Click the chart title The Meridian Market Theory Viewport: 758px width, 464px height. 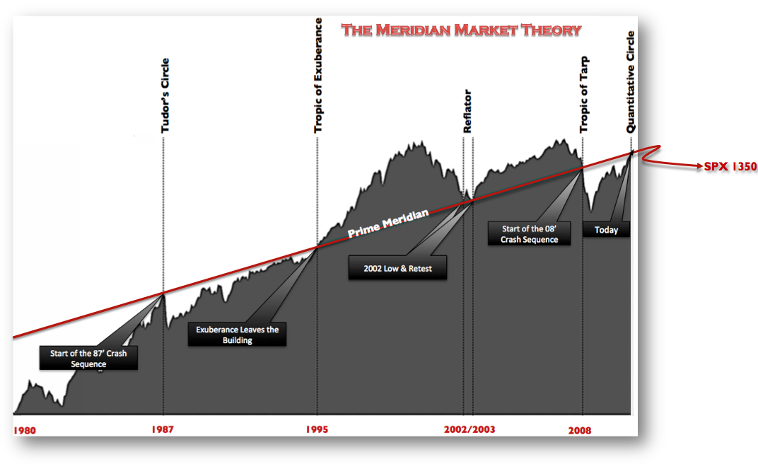click(x=461, y=30)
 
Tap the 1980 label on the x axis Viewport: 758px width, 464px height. click(x=25, y=429)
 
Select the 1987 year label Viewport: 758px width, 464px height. click(x=163, y=429)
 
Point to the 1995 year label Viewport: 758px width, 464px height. click(x=317, y=429)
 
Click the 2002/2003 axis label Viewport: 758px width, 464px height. click(x=470, y=429)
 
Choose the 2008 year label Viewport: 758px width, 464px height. click(x=580, y=429)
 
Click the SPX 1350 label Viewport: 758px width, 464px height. click(x=730, y=168)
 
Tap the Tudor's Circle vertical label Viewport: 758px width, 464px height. click(x=165, y=96)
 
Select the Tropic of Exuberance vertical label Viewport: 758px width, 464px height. click(x=318, y=75)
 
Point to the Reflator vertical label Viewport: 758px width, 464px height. click(x=467, y=112)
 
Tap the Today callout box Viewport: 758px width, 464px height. click(x=606, y=230)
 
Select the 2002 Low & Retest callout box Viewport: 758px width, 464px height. click(x=397, y=268)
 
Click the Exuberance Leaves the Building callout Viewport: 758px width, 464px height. click(x=238, y=335)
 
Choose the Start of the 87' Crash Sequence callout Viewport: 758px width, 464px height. click(x=88, y=359)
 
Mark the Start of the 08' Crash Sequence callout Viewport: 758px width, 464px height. click(x=530, y=233)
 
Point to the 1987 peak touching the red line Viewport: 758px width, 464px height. click(x=163, y=293)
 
